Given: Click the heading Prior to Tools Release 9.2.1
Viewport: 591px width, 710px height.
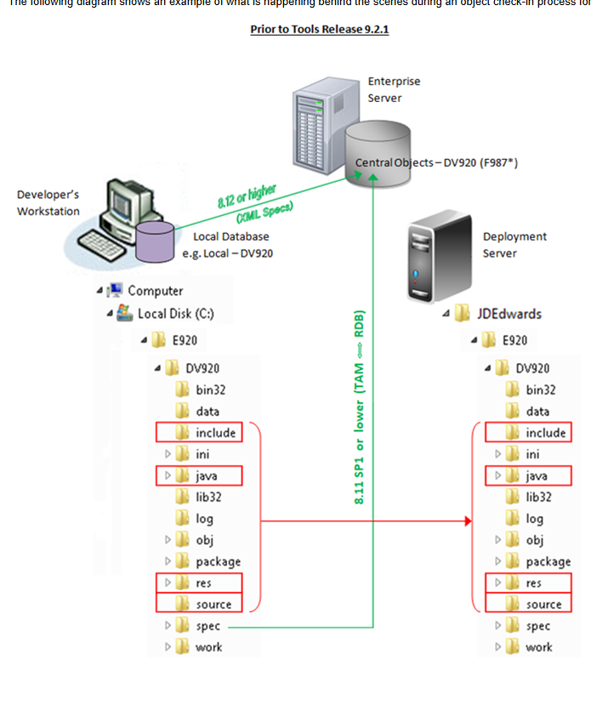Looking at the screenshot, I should (x=320, y=30).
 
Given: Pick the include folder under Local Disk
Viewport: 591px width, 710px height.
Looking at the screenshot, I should (x=213, y=433).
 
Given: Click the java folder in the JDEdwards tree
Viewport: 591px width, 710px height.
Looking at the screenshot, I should (x=536, y=476).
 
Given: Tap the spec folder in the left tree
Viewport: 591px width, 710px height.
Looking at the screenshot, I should (x=207, y=626).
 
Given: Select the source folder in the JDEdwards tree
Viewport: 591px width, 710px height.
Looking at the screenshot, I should (x=543, y=605).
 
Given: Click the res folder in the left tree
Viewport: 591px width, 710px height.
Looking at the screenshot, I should (x=203, y=583).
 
